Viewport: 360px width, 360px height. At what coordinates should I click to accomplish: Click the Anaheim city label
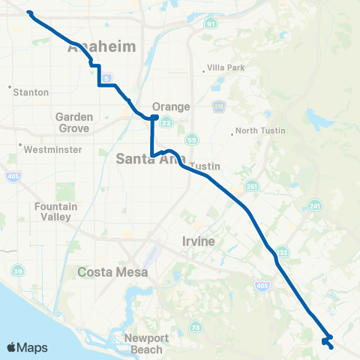102,47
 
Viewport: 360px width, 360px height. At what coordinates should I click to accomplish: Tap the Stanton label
30,92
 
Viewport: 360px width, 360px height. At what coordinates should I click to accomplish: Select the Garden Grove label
74,122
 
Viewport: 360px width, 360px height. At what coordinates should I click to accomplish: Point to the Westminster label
47,149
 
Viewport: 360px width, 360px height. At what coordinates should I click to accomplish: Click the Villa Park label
227,68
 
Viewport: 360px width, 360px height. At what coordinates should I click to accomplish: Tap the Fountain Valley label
52,211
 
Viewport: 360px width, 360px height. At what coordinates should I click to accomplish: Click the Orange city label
170,106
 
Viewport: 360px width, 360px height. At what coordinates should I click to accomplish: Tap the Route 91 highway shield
210,25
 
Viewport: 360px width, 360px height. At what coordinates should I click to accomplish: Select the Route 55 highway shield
193,139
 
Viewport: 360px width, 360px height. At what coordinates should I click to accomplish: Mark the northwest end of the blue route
28,12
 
